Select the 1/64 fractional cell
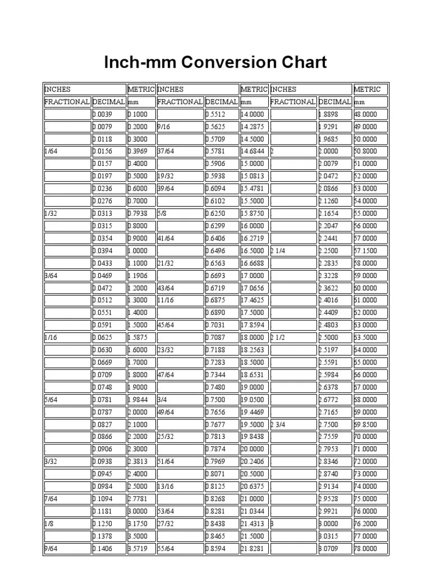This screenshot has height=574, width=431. (x=67, y=151)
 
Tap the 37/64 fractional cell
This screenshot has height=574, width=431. (x=180, y=151)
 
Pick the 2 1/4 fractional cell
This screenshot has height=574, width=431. (x=293, y=251)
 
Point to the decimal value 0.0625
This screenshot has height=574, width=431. (x=109, y=337)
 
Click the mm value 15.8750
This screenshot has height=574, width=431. (x=254, y=214)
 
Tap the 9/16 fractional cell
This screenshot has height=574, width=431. (x=180, y=127)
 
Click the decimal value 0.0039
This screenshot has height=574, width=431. (x=109, y=114)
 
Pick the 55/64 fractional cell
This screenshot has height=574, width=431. (x=180, y=548)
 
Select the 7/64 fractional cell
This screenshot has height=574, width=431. (x=67, y=499)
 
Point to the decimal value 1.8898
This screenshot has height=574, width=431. (x=334, y=114)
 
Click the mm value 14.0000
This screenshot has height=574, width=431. (x=254, y=114)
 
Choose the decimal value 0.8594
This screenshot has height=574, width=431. (x=222, y=548)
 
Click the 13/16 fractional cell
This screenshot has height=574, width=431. (x=180, y=487)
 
